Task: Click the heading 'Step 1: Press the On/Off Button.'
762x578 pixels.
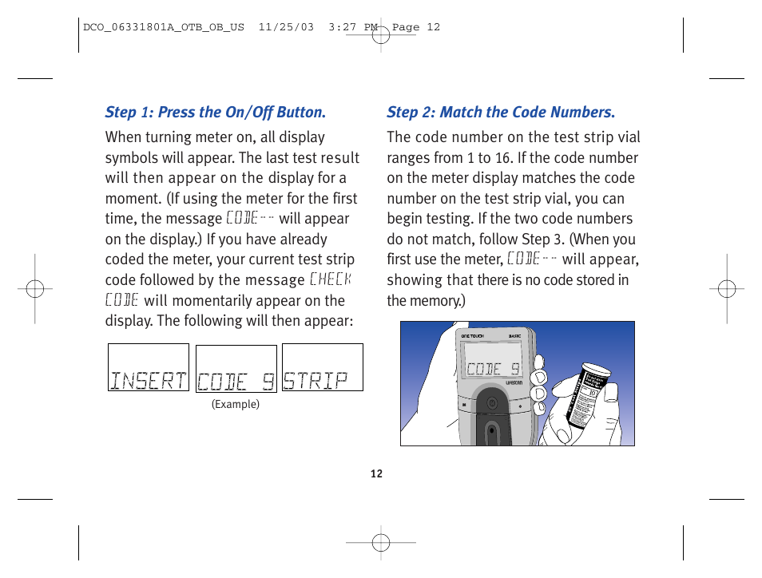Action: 216,113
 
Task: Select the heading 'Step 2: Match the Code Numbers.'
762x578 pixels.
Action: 501,113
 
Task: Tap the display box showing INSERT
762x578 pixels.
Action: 149,368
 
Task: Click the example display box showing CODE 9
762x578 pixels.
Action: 236,369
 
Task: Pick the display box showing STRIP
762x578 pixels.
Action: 323,368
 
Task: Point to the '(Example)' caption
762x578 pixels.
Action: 236,405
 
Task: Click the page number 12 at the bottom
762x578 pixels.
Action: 377,474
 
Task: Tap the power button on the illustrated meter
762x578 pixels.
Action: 492,404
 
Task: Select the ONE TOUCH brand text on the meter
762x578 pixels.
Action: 474,337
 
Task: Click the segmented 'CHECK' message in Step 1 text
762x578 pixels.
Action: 330,279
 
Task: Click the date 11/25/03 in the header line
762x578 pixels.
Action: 286,27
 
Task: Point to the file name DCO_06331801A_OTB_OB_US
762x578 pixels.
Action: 164,27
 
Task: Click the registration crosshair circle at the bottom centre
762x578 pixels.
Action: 381,543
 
